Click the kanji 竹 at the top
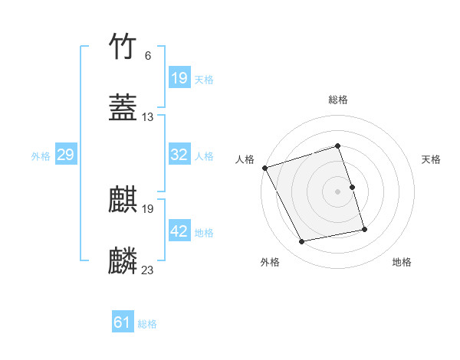tap(123, 47)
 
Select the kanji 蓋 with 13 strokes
tap(123, 109)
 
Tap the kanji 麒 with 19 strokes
tap(123, 201)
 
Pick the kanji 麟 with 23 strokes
tap(123, 261)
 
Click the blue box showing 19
tap(179, 78)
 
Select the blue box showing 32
tap(179, 155)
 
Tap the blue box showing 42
tap(179, 231)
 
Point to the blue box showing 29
tap(65, 155)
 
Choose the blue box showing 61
tap(122, 323)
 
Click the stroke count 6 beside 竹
tap(147, 56)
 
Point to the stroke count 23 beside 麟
tap(148, 270)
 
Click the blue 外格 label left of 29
tap(41, 155)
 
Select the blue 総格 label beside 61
tap(147, 324)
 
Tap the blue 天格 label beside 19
tap(204, 79)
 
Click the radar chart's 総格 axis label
tap(338, 100)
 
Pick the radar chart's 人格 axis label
tap(245, 159)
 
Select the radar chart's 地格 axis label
tap(402, 262)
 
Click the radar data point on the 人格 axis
tap(264, 168)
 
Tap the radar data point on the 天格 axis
tap(352, 187)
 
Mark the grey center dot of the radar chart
tap(338, 191)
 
